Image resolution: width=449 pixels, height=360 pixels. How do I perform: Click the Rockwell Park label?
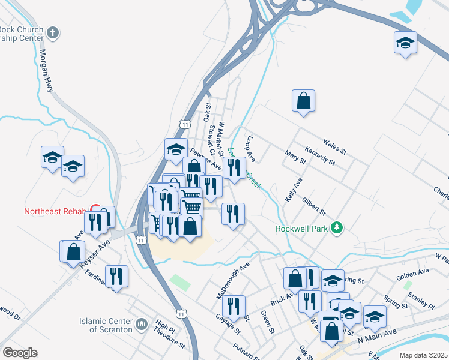click(302, 229)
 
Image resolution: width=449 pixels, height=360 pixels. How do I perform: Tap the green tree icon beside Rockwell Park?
click(337, 228)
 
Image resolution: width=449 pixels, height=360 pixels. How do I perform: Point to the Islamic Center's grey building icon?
click(142, 325)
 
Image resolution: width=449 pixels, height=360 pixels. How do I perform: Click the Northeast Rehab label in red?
click(55, 211)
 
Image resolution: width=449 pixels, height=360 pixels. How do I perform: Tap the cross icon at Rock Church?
click(53, 32)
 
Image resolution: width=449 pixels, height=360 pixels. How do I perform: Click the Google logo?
click(19, 353)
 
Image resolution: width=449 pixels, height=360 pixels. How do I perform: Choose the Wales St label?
click(335, 147)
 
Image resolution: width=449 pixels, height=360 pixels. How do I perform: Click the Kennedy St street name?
click(319, 156)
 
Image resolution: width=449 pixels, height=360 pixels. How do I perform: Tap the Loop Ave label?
click(250, 149)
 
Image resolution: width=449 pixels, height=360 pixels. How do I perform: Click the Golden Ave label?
click(412, 275)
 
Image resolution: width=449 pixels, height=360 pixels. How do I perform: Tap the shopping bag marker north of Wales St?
click(304, 101)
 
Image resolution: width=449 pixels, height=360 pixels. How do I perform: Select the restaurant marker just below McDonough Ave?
click(234, 307)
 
